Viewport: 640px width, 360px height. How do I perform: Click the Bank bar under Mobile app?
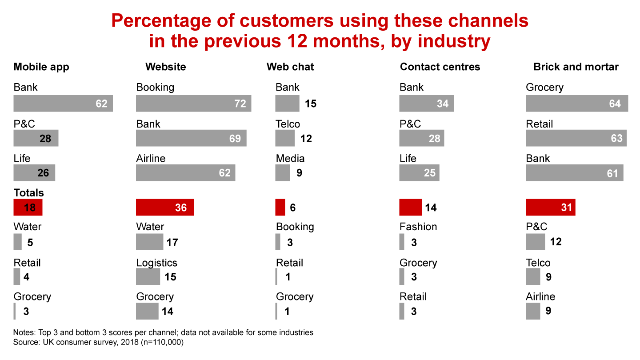[63, 104]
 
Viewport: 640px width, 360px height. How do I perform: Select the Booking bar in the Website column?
[193, 104]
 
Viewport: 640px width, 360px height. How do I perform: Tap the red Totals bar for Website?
[164, 207]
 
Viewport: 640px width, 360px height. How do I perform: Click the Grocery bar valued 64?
[576, 104]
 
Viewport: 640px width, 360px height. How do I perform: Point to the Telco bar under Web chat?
[284, 138]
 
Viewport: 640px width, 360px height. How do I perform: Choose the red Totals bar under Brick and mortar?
[550, 207]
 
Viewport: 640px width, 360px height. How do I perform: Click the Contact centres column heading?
[440, 67]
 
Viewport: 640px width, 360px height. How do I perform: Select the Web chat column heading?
[290, 67]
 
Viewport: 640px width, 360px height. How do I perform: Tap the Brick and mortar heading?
[576, 67]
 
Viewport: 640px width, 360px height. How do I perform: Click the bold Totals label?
[29, 192]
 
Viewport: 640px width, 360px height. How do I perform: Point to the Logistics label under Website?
[156, 263]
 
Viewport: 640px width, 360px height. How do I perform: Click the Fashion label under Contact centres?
[418, 227]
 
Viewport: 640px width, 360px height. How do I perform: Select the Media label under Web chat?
[290, 158]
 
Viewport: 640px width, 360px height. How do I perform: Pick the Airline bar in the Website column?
[185, 172]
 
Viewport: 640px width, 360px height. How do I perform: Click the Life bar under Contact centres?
[419, 172]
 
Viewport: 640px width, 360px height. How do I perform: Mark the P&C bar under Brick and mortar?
[535, 242]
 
